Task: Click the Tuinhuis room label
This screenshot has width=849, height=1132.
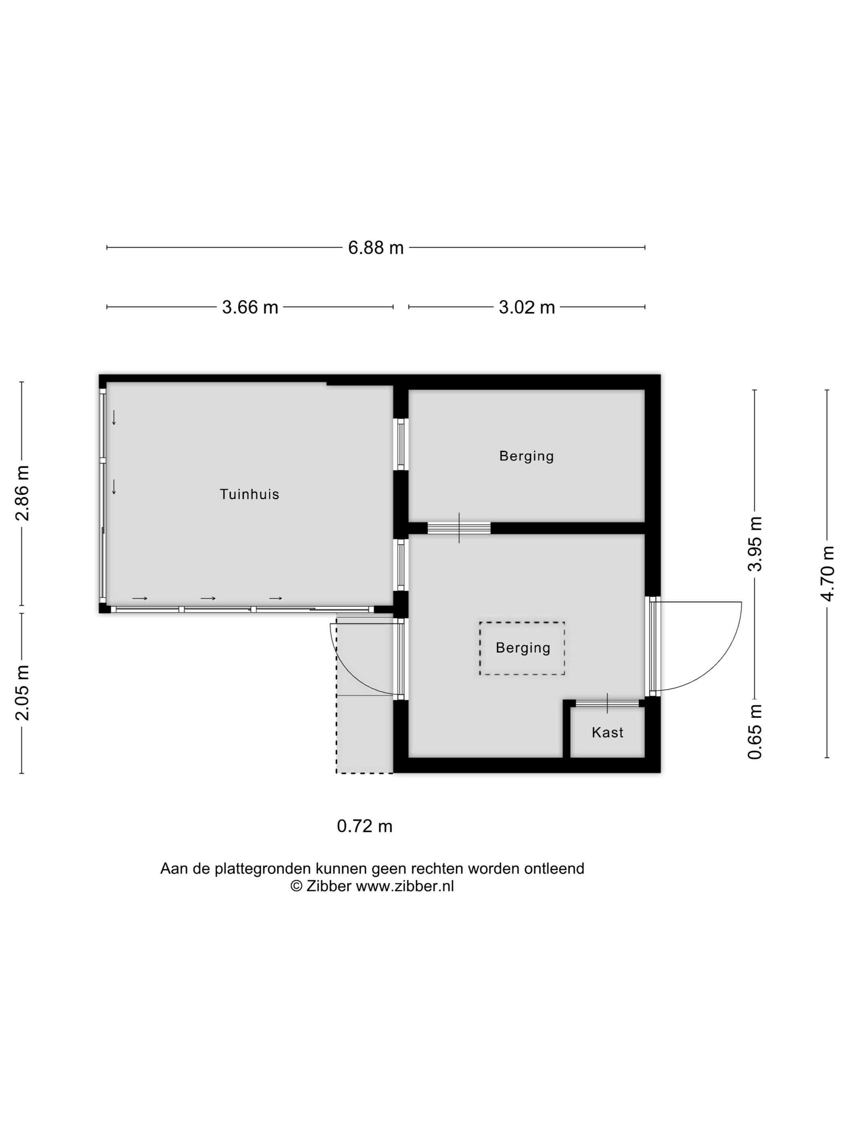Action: [x=249, y=494]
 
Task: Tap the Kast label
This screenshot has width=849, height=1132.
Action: [x=608, y=732]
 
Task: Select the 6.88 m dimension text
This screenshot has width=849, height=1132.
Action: [x=376, y=248]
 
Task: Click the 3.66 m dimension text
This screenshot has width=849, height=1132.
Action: [x=250, y=307]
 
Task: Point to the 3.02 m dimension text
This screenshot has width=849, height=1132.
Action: [x=527, y=307]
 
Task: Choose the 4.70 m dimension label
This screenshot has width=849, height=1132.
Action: [x=828, y=574]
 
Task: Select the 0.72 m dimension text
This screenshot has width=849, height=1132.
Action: [x=364, y=826]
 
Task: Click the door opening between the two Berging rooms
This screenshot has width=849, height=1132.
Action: [x=459, y=528]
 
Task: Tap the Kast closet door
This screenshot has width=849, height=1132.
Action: [x=608, y=703]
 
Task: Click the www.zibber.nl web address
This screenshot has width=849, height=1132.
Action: [x=405, y=886]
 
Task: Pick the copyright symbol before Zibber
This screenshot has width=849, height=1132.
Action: [x=296, y=886]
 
